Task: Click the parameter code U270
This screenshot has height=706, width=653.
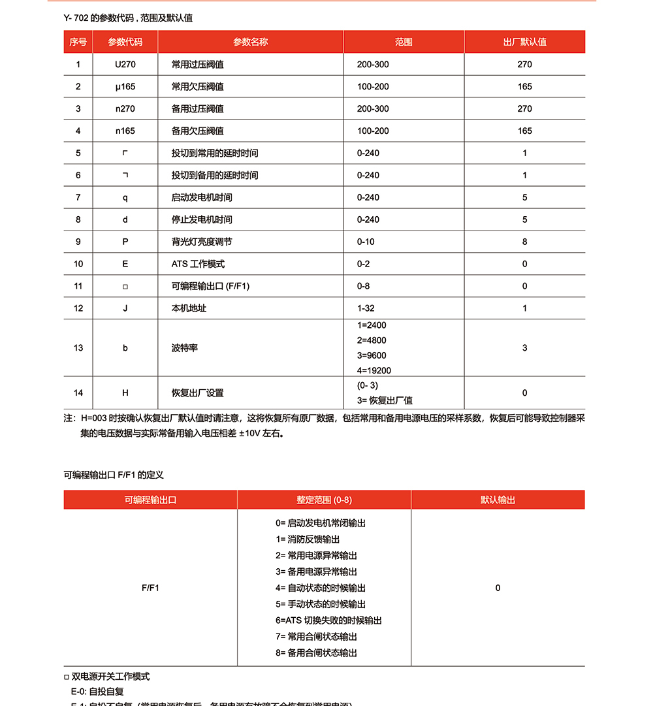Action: coord(125,65)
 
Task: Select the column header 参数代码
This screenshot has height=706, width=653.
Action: coord(125,42)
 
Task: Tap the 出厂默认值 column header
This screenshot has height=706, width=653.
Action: coord(524,42)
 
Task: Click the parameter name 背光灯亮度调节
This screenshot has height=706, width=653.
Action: coord(202,242)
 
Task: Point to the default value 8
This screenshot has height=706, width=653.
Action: coord(524,242)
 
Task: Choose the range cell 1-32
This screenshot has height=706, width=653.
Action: coord(366,308)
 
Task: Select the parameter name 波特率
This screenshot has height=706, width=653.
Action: coord(185,348)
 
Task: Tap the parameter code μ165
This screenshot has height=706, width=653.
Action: coord(125,87)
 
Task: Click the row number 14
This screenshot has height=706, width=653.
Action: coord(78,393)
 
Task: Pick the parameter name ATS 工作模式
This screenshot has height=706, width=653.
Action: coord(198,264)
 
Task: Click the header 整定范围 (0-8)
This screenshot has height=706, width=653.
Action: coord(324,500)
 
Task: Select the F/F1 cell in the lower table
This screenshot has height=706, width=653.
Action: coord(150,588)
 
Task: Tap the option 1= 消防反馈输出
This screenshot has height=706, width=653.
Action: coord(308,539)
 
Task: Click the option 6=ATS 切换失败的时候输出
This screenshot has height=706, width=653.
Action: coord(328,620)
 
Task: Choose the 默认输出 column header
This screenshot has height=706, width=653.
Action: coord(498,500)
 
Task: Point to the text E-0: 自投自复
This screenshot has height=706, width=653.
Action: coord(97,691)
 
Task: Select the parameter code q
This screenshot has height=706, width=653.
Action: coord(125,197)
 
